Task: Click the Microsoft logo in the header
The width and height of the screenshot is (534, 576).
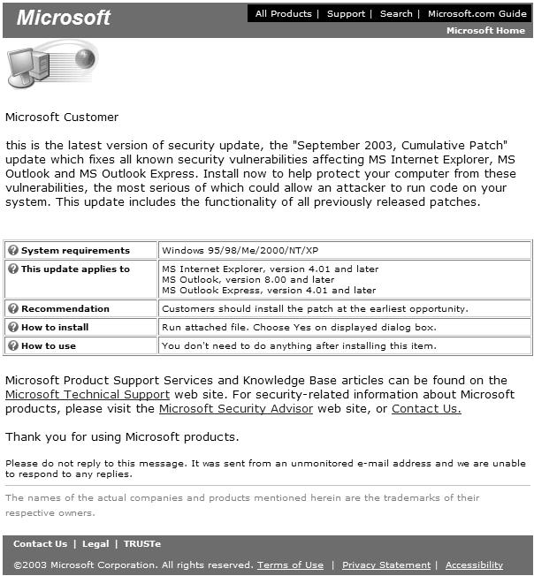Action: pos(64,18)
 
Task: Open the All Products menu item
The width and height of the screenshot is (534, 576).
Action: pos(283,13)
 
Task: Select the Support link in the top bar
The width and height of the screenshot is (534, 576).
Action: pos(346,13)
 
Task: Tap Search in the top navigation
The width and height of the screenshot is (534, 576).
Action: pos(396,13)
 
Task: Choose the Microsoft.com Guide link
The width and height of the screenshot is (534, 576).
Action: pos(477,13)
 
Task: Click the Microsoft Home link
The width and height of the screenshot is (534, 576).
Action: pos(485,30)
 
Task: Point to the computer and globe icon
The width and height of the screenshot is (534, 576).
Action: pos(50,65)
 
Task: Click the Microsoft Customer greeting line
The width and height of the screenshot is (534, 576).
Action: pos(62,117)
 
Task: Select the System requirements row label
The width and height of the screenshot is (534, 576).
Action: pos(75,251)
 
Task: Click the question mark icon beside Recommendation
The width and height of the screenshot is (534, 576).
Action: pos(13,308)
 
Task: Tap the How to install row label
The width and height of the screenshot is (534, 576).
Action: pos(55,327)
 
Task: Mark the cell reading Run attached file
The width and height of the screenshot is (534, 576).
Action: pos(299,327)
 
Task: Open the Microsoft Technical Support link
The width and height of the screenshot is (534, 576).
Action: pos(88,394)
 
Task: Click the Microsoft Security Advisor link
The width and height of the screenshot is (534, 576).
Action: pos(236,409)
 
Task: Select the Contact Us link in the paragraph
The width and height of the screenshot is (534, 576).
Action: pos(426,409)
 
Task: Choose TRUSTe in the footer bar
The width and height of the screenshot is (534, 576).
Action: pos(142,544)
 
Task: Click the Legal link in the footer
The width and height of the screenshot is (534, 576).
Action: pos(95,544)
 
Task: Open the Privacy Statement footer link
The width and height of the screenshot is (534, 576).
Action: pos(386,565)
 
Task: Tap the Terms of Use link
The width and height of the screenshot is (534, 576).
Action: pos(290,565)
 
